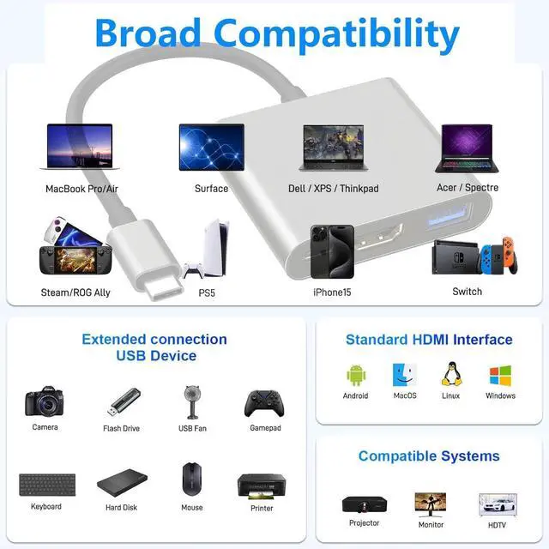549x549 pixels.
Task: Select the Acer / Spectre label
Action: tap(467, 188)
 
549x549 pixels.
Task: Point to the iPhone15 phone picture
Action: tap(332, 252)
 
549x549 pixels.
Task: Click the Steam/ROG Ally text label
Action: tap(75, 293)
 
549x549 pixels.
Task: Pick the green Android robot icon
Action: tap(356, 375)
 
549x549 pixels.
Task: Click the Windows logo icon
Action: tap(500, 375)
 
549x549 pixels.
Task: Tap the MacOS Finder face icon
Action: tap(404, 375)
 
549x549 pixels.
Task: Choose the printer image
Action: tap(261, 486)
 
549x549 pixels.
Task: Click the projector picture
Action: tap(364, 504)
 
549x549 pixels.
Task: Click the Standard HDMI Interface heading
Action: tap(429, 340)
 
